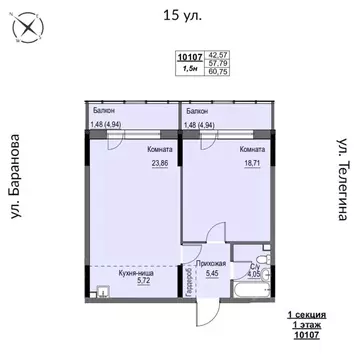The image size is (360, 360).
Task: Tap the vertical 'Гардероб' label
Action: tap(187, 283)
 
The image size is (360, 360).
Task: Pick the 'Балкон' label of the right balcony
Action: tap(198, 111)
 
